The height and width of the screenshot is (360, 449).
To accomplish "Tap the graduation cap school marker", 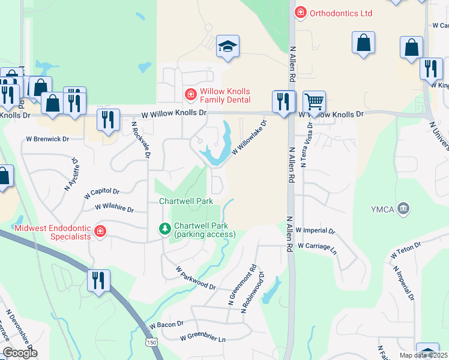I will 228,46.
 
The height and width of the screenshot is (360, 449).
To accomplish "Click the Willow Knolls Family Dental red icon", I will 190,95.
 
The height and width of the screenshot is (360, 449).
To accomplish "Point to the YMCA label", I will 382,209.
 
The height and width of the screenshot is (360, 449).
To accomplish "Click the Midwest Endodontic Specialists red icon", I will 100,231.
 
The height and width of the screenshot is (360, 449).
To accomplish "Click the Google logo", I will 20,353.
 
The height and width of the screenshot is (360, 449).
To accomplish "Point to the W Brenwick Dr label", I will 47,139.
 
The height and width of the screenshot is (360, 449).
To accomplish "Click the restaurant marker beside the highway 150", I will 97,280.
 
